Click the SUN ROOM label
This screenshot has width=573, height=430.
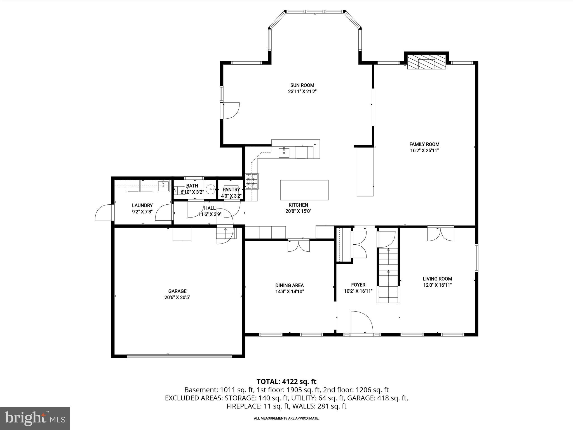pyautogui.click(x=302, y=85)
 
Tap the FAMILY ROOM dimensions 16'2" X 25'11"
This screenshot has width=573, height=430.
pyautogui.click(x=424, y=151)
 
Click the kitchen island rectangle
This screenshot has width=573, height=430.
pyautogui.click(x=304, y=190)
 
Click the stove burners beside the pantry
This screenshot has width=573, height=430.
pyautogui.click(x=252, y=181)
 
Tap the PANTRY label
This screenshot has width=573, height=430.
pyautogui.click(x=231, y=190)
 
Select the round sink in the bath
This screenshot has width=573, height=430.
pyautogui.click(x=210, y=190)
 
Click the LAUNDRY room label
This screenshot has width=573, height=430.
pyautogui.click(x=142, y=205)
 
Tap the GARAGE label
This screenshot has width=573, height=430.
pyautogui.click(x=177, y=291)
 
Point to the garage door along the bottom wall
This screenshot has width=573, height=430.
pyautogui.click(x=179, y=356)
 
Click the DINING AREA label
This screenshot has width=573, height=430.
pyautogui.click(x=289, y=285)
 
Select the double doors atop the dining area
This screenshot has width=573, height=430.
pyautogui.click(x=299, y=246)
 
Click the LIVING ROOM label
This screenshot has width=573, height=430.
pyautogui.click(x=437, y=279)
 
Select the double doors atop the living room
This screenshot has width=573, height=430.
pyautogui.click(x=440, y=234)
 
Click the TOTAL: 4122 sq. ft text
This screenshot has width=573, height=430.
pyautogui.click(x=286, y=382)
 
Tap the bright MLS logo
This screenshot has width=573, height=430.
pyautogui.click(x=35, y=418)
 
